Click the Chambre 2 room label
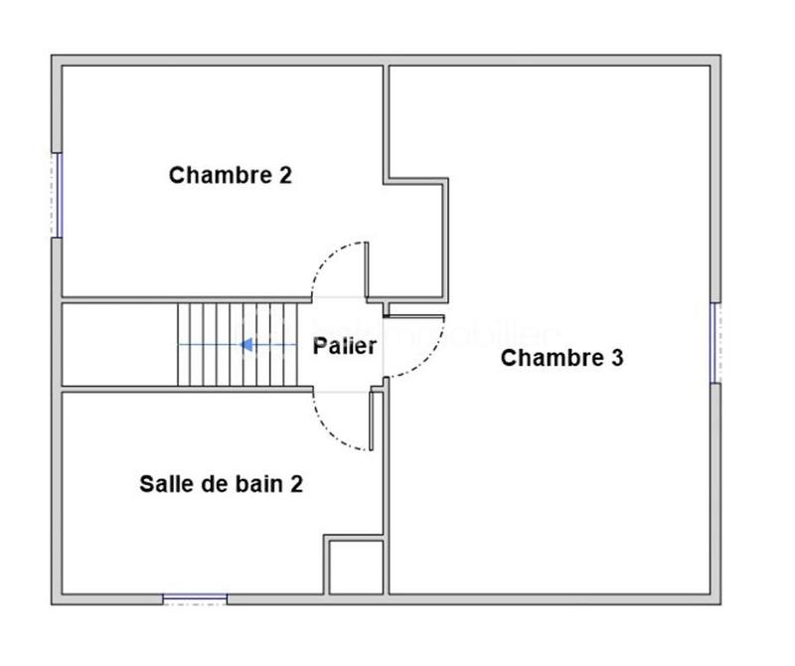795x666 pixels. pos(231,176)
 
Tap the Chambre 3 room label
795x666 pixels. pos(561,358)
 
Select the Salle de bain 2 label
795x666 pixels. pos(221,484)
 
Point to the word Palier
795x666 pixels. pos(345,346)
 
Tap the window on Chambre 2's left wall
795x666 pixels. pos(58,195)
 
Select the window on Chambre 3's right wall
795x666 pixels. pos(715,343)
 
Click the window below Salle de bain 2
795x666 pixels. pos(195,598)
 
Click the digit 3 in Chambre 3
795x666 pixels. pos(616,358)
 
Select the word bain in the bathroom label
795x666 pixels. pos(256,484)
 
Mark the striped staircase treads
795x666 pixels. pos(238,345)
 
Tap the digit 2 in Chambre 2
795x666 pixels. pos(285,176)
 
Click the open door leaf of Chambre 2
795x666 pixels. pos(367,270)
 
